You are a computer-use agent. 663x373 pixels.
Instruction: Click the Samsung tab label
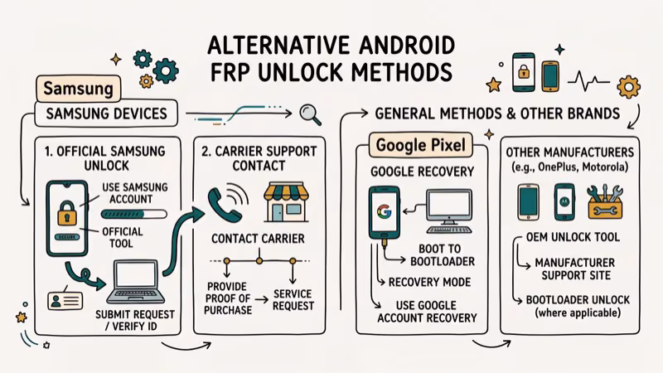coord(78,87)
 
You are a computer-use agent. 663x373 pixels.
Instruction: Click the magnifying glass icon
coord(311,111)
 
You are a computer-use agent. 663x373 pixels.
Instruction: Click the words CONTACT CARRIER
coord(259,239)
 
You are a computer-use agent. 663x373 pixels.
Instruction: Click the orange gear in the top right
coord(629,85)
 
